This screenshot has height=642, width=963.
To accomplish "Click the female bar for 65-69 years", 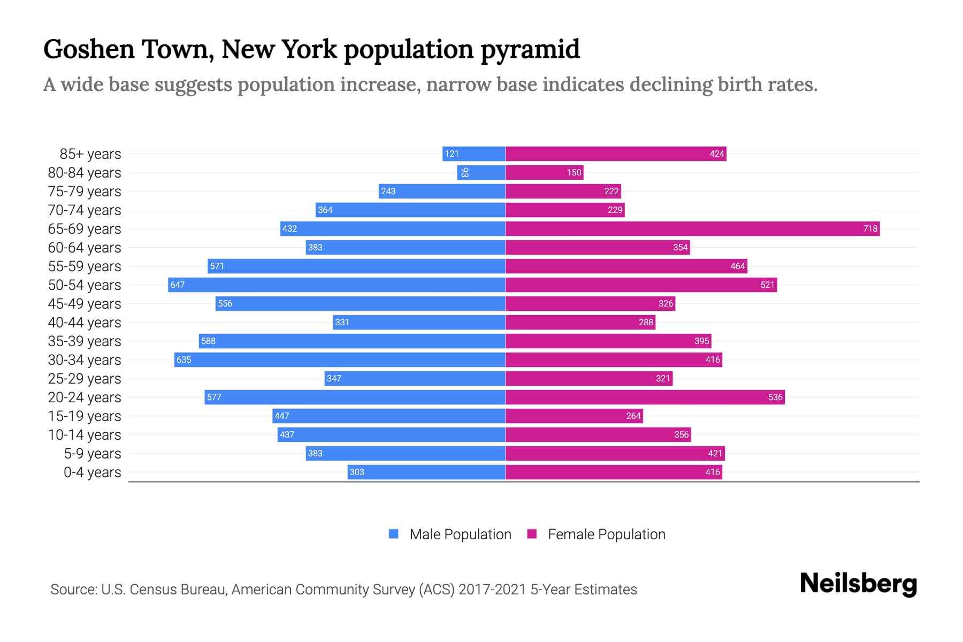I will pos(692,229).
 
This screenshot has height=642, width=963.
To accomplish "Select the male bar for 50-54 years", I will pos(337,285).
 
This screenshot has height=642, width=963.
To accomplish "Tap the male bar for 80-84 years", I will pos(481,173).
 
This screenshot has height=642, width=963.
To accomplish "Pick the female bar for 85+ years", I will pos(615,154).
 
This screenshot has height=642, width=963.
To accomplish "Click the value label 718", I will pos(870,229).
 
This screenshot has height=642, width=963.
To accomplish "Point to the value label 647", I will pos(177,285).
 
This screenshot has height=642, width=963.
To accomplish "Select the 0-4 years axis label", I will pos(92,472).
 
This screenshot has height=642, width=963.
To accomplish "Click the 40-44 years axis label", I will pos(85,323).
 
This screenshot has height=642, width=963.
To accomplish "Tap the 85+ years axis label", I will pos(90,154).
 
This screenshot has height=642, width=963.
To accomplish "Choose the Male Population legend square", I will pos(394,534).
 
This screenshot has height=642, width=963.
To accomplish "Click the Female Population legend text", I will pos(606,534).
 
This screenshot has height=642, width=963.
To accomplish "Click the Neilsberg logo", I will pos(858,584).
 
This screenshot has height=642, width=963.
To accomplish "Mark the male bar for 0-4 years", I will pos(426,472).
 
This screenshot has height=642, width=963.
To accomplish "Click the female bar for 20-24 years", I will pos(645,398).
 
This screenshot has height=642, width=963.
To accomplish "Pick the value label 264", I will pos(633,416).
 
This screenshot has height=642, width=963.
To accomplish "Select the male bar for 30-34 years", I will pos(340,360).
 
